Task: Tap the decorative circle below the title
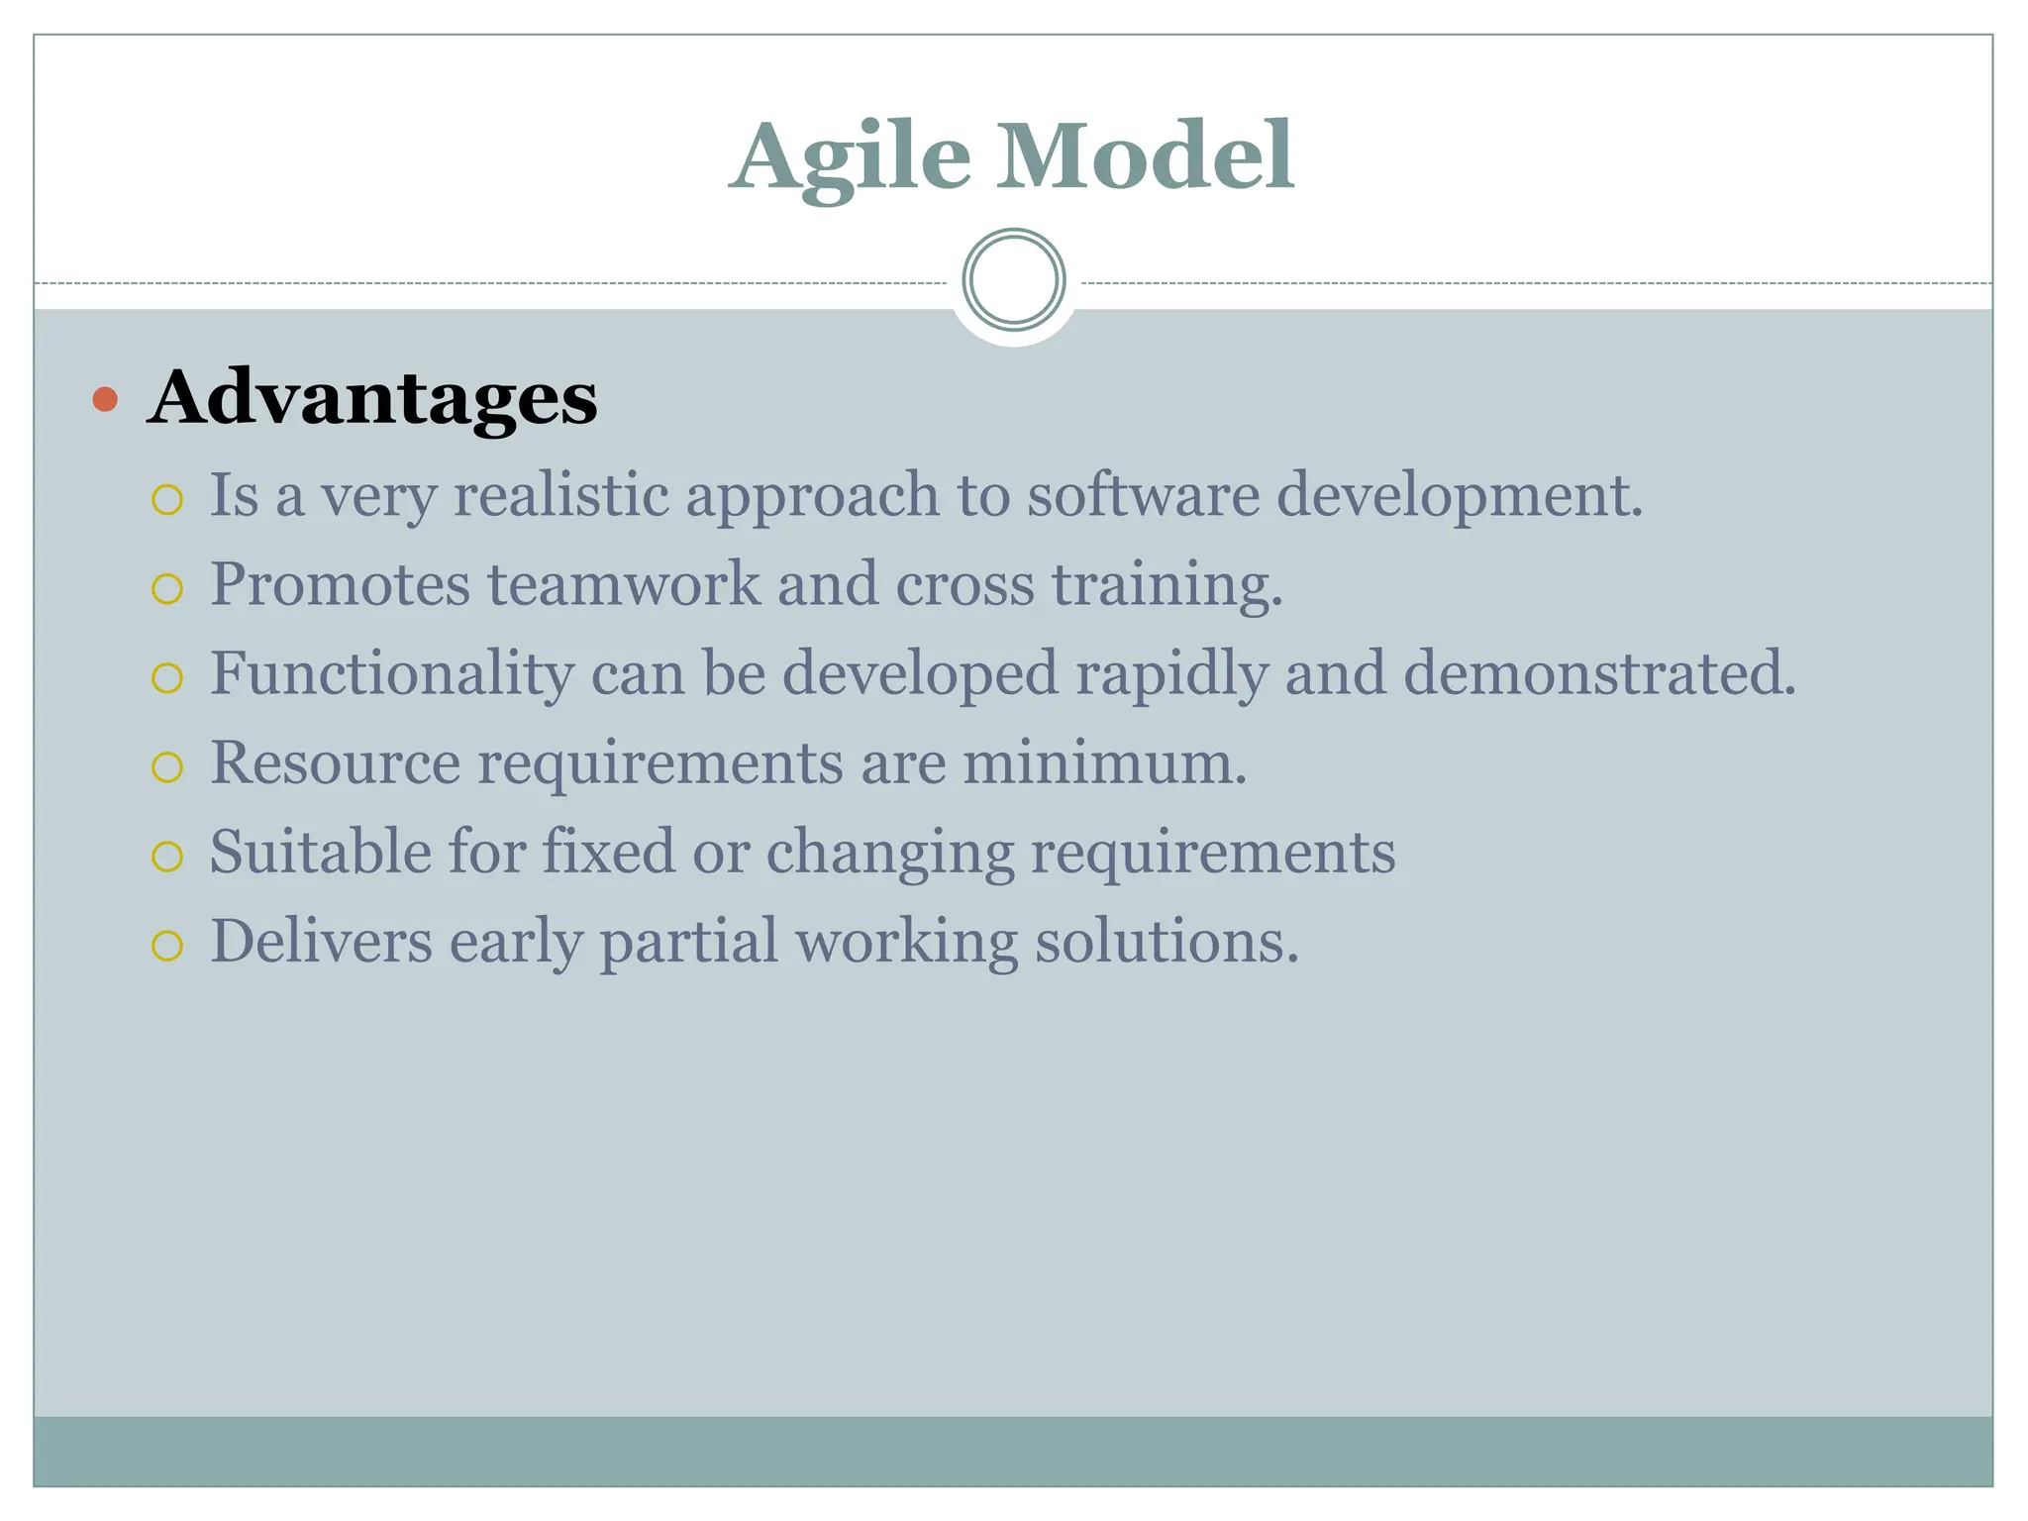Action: pos(1013,280)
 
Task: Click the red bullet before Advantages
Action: pos(105,400)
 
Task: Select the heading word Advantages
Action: pos(372,398)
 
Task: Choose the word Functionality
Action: pos(391,674)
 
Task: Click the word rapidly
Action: pos(1171,674)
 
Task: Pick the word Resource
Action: pos(335,762)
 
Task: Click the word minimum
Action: pos(1104,762)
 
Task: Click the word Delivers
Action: pos(321,941)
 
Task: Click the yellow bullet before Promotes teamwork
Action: pos(167,589)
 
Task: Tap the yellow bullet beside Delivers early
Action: pos(167,946)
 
